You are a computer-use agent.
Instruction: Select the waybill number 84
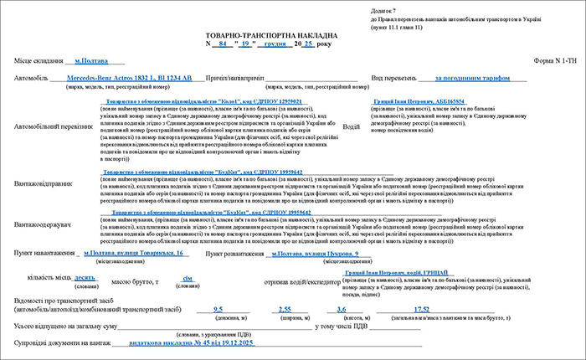pyautogui.click(x=221, y=41)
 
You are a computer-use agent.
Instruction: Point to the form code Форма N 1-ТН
pyautogui.click(x=555, y=61)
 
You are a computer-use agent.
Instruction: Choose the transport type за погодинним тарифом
pyautogui.click(x=472, y=78)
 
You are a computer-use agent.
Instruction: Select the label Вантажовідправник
pyautogui.click(x=43, y=182)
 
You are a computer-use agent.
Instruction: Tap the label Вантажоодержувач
pyautogui.click(x=42, y=224)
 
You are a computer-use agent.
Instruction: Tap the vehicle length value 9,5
pyautogui.click(x=218, y=309)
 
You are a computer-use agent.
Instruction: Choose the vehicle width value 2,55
pyautogui.click(x=284, y=309)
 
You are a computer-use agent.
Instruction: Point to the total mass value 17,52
pyautogui.click(x=421, y=309)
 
